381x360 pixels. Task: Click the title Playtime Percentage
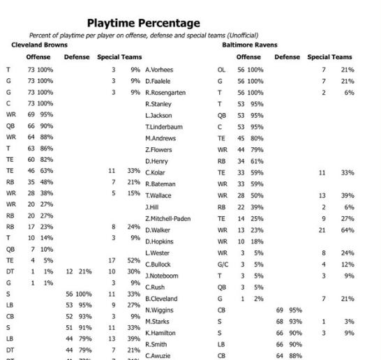(143, 23)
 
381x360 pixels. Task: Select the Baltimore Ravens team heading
(248, 44)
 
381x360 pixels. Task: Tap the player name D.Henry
(158, 161)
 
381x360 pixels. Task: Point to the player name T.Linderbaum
(163, 126)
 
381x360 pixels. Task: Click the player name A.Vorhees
(159, 70)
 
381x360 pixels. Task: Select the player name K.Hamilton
(160, 332)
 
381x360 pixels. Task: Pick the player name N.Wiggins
(159, 309)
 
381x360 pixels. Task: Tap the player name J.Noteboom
(162, 275)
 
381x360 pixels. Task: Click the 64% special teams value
(348, 229)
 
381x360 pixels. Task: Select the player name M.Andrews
(160, 138)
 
